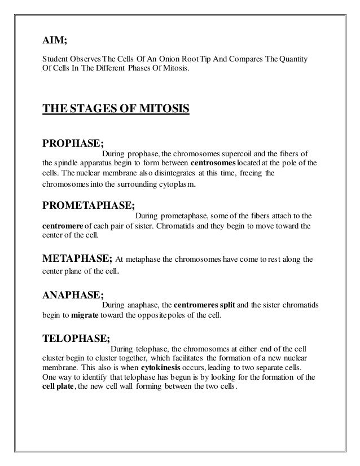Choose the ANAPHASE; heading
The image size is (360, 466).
pos(73,294)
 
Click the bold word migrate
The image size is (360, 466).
pos(86,315)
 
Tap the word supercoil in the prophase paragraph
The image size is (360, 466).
pos(239,153)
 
